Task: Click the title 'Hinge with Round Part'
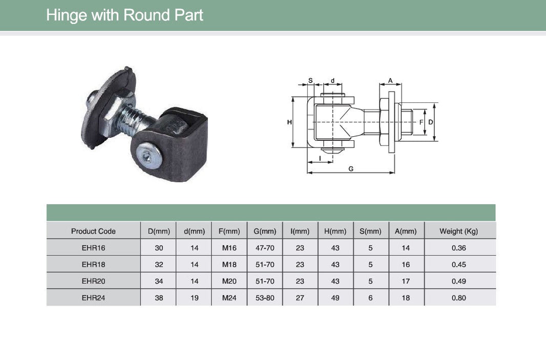(x=124, y=15)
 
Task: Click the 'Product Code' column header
(x=93, y=231)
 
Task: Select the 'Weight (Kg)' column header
(x=458, y=231)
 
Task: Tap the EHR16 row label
(x=93, y=248)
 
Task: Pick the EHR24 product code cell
(x=93, y=298)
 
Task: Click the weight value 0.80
(x=458, y=298)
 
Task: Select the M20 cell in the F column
(x=229, y=281)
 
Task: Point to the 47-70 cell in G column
(x=265, y=248)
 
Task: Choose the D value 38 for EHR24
(x=159, y=298)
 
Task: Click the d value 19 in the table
(x=194, y=298)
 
